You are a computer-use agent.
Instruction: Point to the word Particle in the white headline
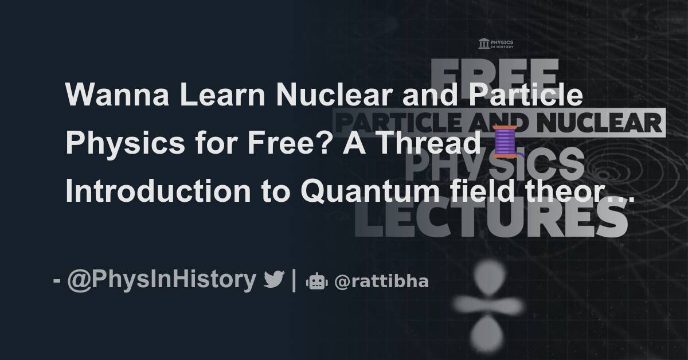[x=527, y=95]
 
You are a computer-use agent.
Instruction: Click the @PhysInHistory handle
[x=162, y=280]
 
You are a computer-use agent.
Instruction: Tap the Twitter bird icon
[x=274, y=280]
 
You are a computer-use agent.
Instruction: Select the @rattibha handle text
[x=381, y=281]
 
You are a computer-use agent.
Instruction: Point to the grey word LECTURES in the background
[x=493, y=220]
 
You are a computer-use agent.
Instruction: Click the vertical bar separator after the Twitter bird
[x=294, y=280]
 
